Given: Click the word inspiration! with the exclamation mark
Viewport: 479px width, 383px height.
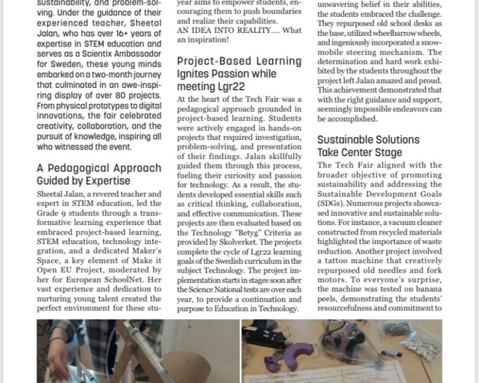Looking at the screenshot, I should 213,40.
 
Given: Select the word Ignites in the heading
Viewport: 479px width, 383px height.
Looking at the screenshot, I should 196,74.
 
